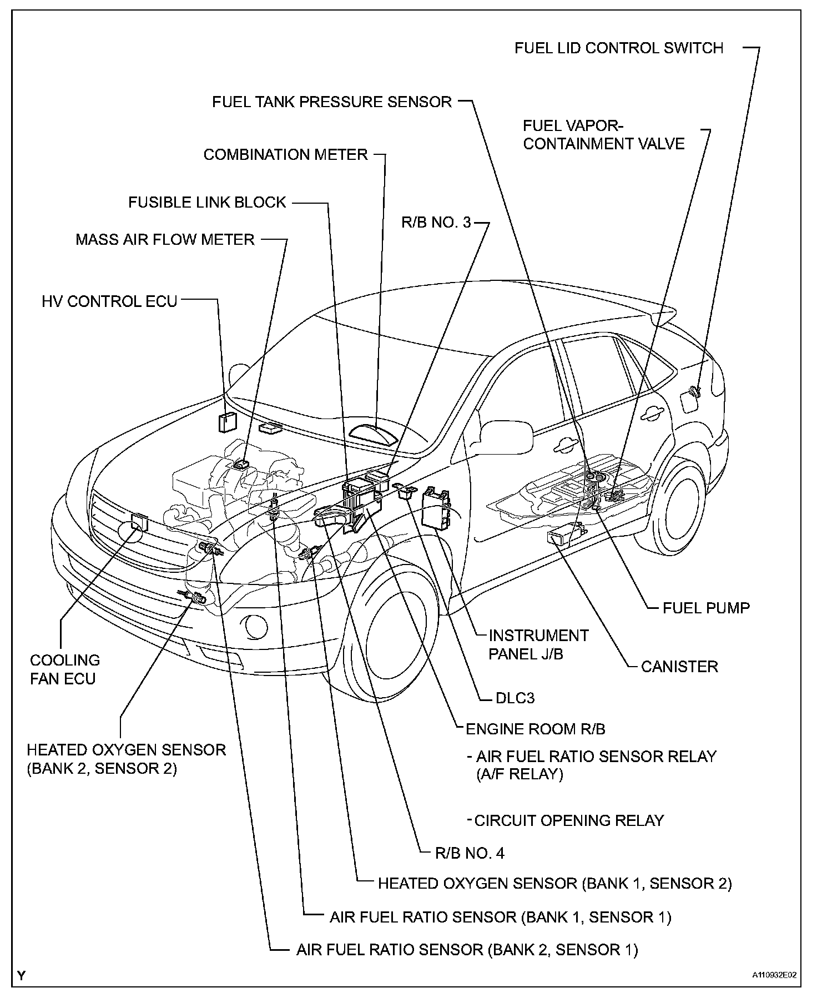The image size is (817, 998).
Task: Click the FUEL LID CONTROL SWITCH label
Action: pyautogui.click(x=619, y=48)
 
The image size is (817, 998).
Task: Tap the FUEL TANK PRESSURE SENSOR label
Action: pyautogui.click(x=332, y=102)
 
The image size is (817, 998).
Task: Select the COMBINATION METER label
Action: pyautogui.click(x=285, y=154)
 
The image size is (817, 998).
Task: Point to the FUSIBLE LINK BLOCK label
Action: pyautogui.click(x=207, y=202)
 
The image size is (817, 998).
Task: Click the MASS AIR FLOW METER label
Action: pyautogui.click(x=165, y=240)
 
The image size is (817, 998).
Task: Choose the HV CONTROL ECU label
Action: pyautogui.click(x=109, y=301)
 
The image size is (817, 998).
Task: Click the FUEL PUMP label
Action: pyautogui.click(x=705, y=608)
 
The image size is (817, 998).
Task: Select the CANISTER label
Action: pyautogui.click(x=679, y=666)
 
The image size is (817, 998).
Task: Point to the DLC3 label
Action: pyautogui.click(x=514, y=698)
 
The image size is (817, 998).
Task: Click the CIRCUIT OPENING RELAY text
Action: pyautogui.click(x=569, y=820)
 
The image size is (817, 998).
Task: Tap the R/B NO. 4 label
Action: pyautogui.click(x=470, y=853)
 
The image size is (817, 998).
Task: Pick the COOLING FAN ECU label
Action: pyautogui.click(x=64, y=669)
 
